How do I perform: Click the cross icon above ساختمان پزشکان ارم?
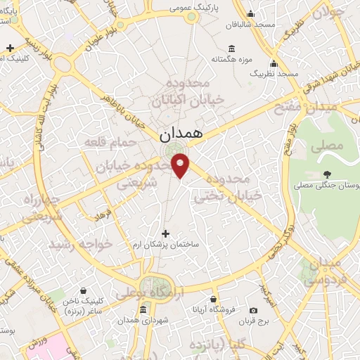click(x=166, y=233)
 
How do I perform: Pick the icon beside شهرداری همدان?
click(x=143, y=310)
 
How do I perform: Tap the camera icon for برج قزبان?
click(x=253, y=310)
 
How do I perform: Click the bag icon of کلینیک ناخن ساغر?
click(x=84, y=290)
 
